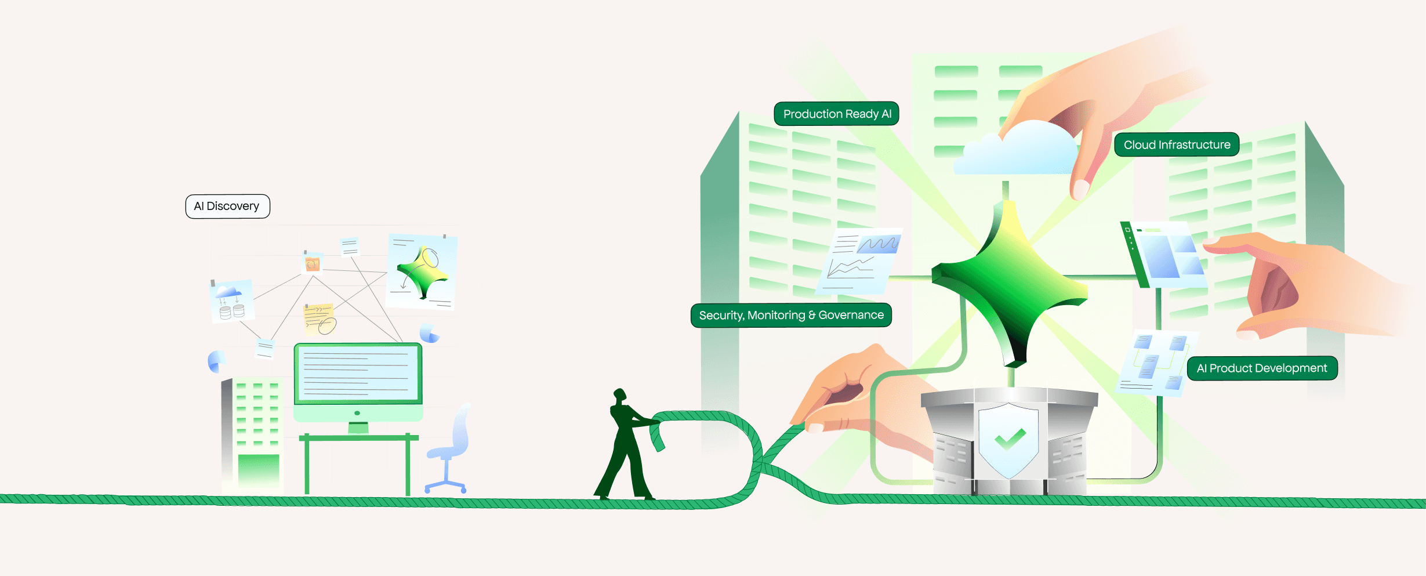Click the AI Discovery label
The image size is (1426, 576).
(x=227, y=207)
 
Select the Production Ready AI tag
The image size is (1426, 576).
(x=836, y=114)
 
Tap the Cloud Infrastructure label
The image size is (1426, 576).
(x=1177, y=145)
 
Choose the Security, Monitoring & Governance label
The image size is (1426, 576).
(x=791, y=315)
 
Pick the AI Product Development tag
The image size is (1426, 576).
(x=1262, y=368)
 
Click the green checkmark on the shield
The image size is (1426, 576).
(x=1010, y=439)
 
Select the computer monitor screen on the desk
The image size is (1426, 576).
(x=358, y=373)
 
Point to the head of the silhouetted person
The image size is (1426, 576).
(x=620, y=395)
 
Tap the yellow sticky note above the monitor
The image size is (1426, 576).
(x=319, y=318)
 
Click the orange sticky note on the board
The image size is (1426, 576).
(x=313, y=265)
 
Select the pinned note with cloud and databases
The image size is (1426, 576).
(x=232, y=300)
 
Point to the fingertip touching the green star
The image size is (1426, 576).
(x=1080, y=189)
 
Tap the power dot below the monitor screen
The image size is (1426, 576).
(x=357, y=413)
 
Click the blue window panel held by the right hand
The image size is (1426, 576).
(x=1166, y=255)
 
